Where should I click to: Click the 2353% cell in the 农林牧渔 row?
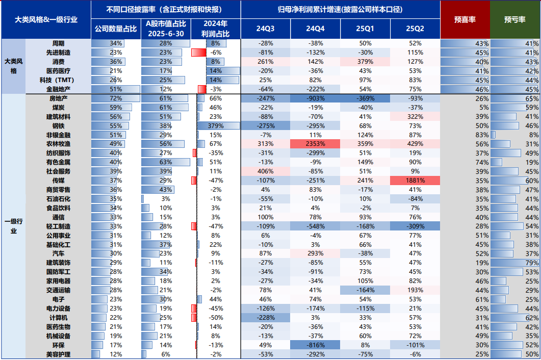point(315,144)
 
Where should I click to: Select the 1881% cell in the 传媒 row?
point(415,181)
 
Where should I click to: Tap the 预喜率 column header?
point(465,19)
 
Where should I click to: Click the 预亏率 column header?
point(515,19)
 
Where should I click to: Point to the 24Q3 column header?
point(266,29)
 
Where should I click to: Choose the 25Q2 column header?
point(415,29)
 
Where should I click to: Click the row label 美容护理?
point(58,354)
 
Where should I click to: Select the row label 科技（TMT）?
point(58,80)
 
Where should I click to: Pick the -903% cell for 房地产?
point(315,98)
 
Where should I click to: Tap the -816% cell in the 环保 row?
point(315,345)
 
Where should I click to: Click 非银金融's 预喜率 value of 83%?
point(465,135)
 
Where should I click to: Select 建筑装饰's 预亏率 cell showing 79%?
point(515,263)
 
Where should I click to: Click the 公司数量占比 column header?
point(116,29)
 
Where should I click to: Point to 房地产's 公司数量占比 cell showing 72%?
point(116,98)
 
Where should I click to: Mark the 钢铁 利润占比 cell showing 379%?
point(216,125)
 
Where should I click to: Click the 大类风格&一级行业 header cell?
point(46,19)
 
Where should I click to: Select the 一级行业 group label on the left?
point(13,226)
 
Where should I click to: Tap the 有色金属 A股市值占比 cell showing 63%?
point(166,162)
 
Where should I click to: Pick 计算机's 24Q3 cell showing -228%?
point(266,318)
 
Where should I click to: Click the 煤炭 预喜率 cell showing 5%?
point(465,107)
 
